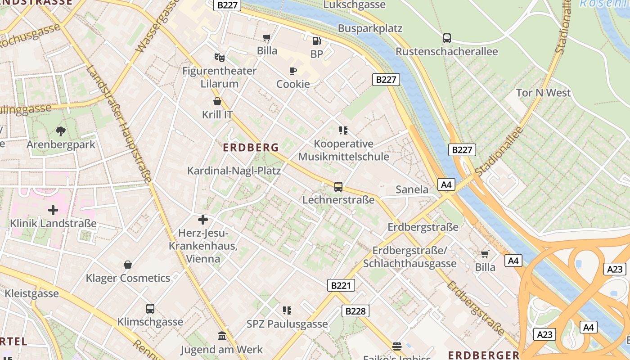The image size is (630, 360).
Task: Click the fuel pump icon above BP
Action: [317, 41]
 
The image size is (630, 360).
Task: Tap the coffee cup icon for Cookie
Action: [293, 71]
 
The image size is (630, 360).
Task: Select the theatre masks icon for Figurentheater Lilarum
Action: [219, 57]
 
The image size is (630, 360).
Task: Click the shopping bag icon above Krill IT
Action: [217, 101]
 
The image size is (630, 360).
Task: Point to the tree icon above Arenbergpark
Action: [61, 131]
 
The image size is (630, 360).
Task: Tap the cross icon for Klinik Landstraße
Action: [53, 210]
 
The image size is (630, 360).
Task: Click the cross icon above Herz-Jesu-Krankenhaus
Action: [203, 220]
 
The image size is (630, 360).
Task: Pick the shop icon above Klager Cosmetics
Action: [128, 265]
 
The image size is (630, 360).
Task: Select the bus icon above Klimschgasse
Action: [150, 309]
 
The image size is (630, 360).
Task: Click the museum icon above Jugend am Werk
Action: [222, 336]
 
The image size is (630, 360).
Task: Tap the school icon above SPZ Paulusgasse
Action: [287, 310]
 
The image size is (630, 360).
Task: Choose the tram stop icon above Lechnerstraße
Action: [338, 187]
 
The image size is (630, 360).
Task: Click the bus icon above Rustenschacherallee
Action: [447, 38]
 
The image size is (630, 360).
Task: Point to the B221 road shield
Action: [341, 285]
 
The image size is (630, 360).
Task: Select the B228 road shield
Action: [355, 311]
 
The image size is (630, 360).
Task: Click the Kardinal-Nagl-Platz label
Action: [234, 171]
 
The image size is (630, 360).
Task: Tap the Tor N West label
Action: [543, 93]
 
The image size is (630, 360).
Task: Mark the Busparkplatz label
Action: [370, 28]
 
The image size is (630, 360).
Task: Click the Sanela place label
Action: [412, 189]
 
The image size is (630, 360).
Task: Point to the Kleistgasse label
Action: [32, 294]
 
